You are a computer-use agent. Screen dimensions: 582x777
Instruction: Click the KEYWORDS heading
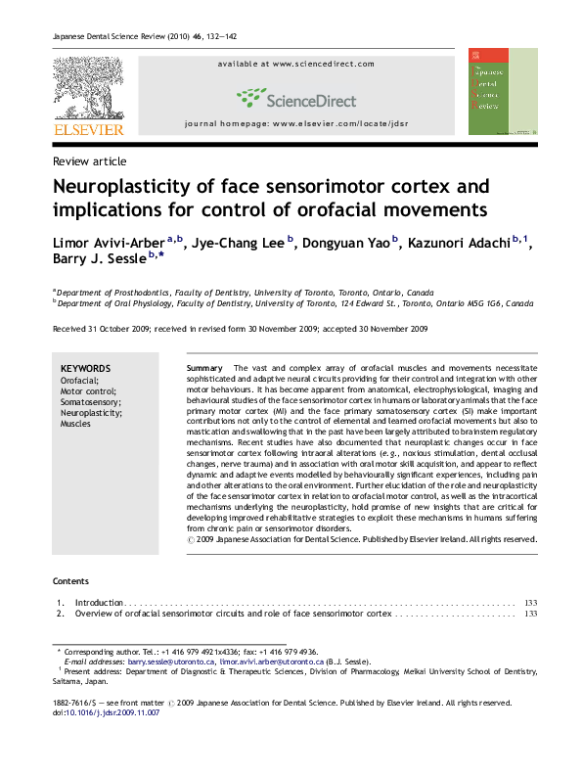pyautogui.click(x=85, y=369)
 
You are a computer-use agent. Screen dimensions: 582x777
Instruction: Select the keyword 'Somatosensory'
pyautogui.click(x=90, y=402)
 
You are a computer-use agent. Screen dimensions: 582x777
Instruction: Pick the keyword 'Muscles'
pyautogui.click(x=75, y=425)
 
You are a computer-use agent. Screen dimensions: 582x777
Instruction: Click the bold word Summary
pyautogui.click(x=204, y=368)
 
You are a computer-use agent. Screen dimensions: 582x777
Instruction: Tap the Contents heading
pyautogui.click(x=70, y=580)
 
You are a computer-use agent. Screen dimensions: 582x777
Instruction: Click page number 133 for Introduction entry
pyautogui.click(x=531, y=603)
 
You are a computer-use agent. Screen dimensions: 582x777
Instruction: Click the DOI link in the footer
pyautogui.click(x=112, y=712)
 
